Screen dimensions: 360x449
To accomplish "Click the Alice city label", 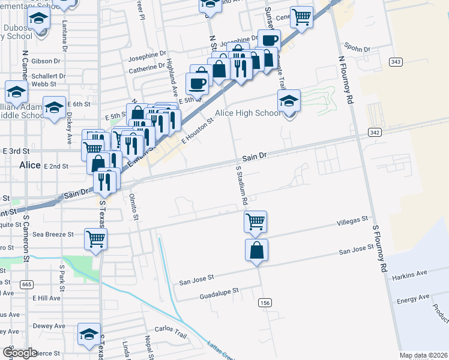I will [29, 165].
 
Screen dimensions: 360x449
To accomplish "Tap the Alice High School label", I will [247, 113].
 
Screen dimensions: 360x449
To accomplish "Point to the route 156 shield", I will [265, 303].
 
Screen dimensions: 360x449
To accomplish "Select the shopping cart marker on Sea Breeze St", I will [96, 238].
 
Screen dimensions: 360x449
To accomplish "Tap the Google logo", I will [20, 353].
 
